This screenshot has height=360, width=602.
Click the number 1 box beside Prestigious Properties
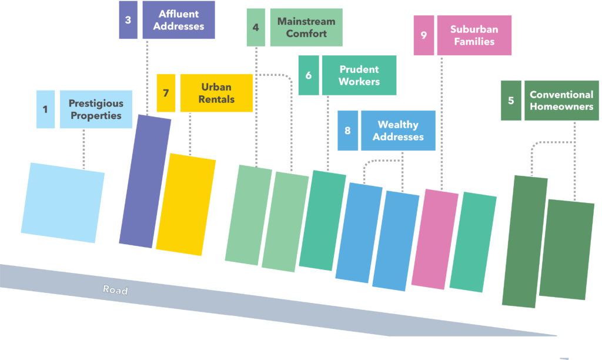45,109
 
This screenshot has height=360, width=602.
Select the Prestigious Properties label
96,109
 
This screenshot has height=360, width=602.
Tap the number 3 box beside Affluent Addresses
128,20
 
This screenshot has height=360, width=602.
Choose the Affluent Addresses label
178,20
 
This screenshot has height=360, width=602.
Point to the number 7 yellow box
166,93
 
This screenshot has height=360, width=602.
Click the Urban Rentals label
216,93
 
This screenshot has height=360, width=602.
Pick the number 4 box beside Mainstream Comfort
256,28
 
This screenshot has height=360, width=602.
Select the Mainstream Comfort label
306,28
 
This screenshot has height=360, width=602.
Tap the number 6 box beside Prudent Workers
309,75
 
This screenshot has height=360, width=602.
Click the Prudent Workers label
359,75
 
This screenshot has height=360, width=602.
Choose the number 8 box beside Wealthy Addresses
347,131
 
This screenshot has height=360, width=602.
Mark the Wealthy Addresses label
398,131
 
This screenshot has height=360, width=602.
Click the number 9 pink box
424,35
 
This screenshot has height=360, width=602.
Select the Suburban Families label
474,35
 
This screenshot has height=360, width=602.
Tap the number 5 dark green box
511,101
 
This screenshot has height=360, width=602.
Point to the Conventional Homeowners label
561,101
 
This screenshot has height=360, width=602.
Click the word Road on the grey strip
115,289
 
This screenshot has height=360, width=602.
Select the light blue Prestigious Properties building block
63,202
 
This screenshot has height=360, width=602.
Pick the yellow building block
186,204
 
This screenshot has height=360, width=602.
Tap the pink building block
435,239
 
